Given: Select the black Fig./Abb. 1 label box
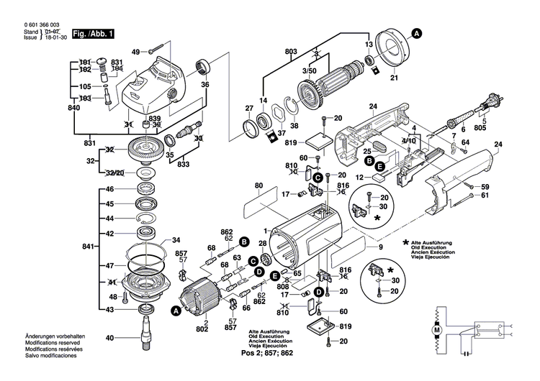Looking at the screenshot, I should (x=94, y=33).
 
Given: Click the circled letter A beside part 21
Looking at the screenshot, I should (x=418, y=32).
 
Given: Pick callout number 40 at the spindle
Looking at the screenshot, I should (x=109, y=337).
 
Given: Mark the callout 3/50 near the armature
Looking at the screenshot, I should (x=309, y=72).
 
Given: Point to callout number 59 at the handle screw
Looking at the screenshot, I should (x=485, y=187).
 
